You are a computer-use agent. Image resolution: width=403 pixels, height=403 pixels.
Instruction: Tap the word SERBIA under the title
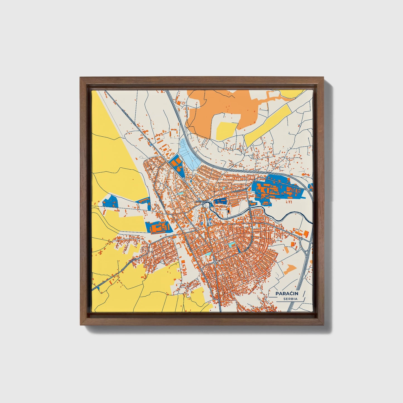click(290, 299)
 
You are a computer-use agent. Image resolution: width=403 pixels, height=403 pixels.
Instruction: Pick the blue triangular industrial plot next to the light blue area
click(176, 165)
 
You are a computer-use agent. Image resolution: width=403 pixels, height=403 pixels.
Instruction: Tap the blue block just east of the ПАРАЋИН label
click(220, 201)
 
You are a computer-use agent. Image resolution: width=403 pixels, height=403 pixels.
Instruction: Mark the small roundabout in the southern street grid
click(215, 263)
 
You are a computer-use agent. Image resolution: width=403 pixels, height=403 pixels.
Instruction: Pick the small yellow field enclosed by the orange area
click(226, 131)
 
